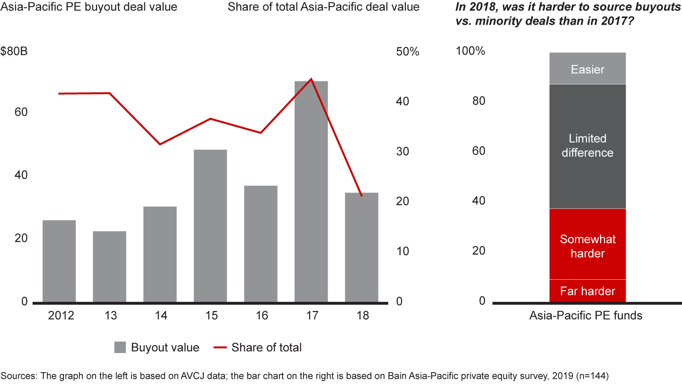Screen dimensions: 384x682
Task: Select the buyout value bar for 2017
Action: (311, 192)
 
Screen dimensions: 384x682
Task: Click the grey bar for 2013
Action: (109, 266)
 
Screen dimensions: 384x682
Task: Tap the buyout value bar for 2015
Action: (210, 226)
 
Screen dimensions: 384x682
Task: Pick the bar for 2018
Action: (361, 247)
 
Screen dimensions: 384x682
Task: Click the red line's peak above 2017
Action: (311, 79)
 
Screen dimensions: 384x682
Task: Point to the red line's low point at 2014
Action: (160, 144)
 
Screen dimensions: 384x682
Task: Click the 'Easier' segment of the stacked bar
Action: (587, 69)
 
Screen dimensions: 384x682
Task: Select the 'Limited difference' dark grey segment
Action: (587, 146)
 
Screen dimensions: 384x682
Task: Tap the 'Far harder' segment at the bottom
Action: (587, 291)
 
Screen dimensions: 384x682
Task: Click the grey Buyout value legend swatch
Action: (120, 347)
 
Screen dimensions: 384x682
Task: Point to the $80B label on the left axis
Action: (14, 52)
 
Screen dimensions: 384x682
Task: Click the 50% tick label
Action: (408, 52)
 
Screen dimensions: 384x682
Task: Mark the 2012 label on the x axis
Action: (61, 316)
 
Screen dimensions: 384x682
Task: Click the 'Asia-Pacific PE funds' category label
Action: (586, 315)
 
